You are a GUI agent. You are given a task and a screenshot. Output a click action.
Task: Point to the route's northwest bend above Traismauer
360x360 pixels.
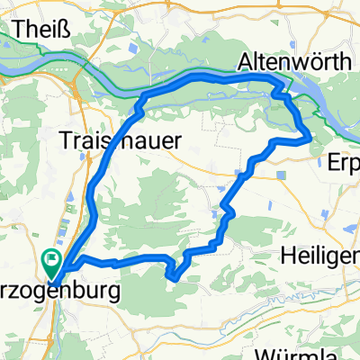point(144,96)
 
